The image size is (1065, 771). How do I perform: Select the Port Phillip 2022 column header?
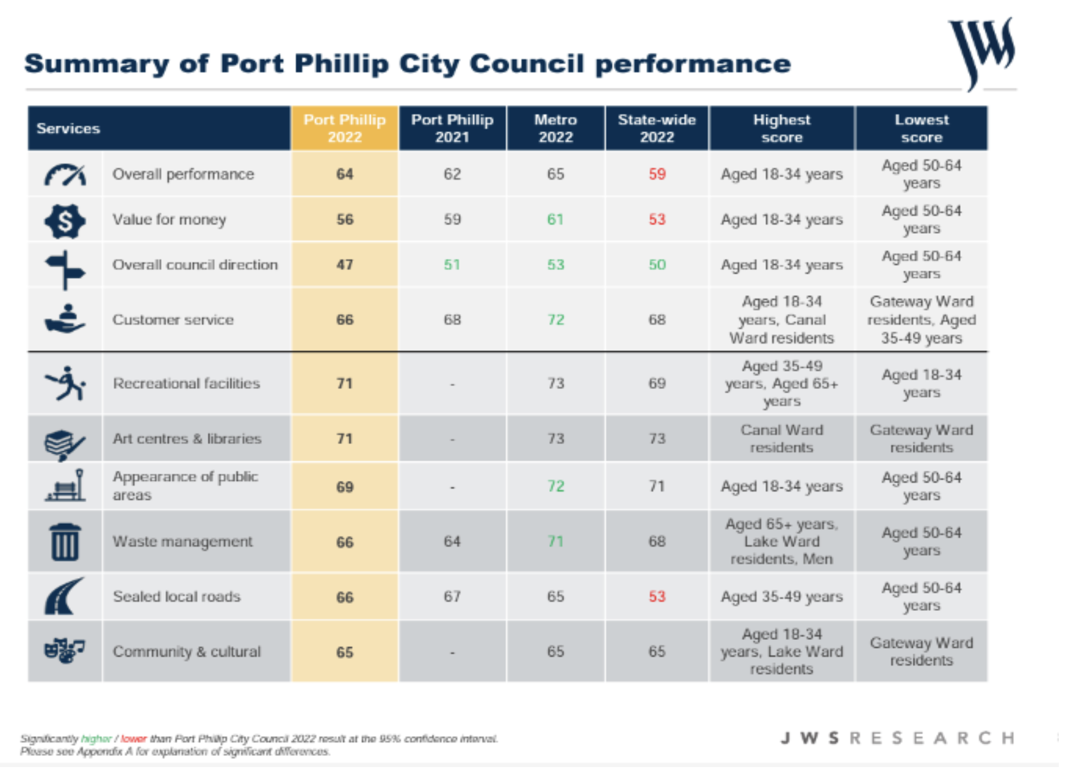point(344,128)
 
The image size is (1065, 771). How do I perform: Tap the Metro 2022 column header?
point(555,128)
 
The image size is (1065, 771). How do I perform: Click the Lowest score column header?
point(922,128)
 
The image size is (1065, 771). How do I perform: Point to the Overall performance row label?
point(183,174)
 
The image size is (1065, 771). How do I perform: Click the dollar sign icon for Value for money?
point(65,221)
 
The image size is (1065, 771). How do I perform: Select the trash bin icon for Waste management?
point(65,541)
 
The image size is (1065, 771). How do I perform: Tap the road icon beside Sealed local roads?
point(64,596)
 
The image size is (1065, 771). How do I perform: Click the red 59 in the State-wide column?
point(657,174)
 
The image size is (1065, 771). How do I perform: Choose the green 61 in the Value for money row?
point(555,219)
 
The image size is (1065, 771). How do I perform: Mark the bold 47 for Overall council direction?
point(344,264)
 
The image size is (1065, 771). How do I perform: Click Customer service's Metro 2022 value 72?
point(555,320)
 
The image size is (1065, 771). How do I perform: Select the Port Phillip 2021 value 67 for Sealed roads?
point(452,596)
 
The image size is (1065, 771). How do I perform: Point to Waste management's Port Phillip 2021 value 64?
point(452,541)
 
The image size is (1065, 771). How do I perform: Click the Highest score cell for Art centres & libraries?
point(781,438)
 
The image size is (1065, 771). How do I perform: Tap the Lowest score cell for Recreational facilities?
point(922,383)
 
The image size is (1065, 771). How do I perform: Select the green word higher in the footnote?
point(96,739)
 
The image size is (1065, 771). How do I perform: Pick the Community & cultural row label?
point(186,652)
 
